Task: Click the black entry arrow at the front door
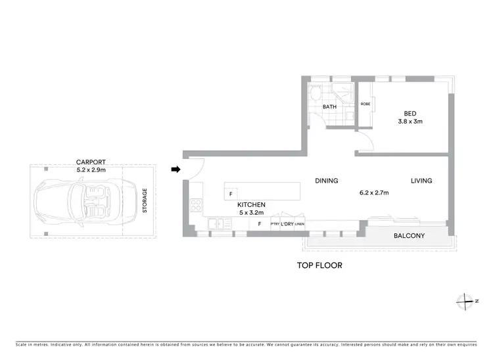pyautogui.click(x=176, y=169)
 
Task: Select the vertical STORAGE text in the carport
pyautogui.click(x=145, y=201)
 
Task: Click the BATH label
pyautogui.click(x=329, y=106)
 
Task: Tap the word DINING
pyautogui.click(x=326, y=181)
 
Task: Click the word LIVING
pyautogui.click(x=421, y=181)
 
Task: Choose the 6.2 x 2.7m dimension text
pyautogui.click(x=374, y=193)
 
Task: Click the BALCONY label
pyautogui.click(x=409, y=236)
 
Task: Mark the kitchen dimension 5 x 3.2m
pyautogui.click(x=252, y=213)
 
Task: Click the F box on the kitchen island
pyautogui.click(x=231, y=194)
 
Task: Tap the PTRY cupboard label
pyautogui.click(x=275, y=225)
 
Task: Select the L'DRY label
pyautogui.click(x=287, y=225)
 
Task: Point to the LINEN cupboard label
pyautogui.click(x=300, y=225)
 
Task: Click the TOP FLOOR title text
pyautogui.click(x=320, y=266)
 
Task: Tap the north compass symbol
pyautogui.click(x=466, y=300)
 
